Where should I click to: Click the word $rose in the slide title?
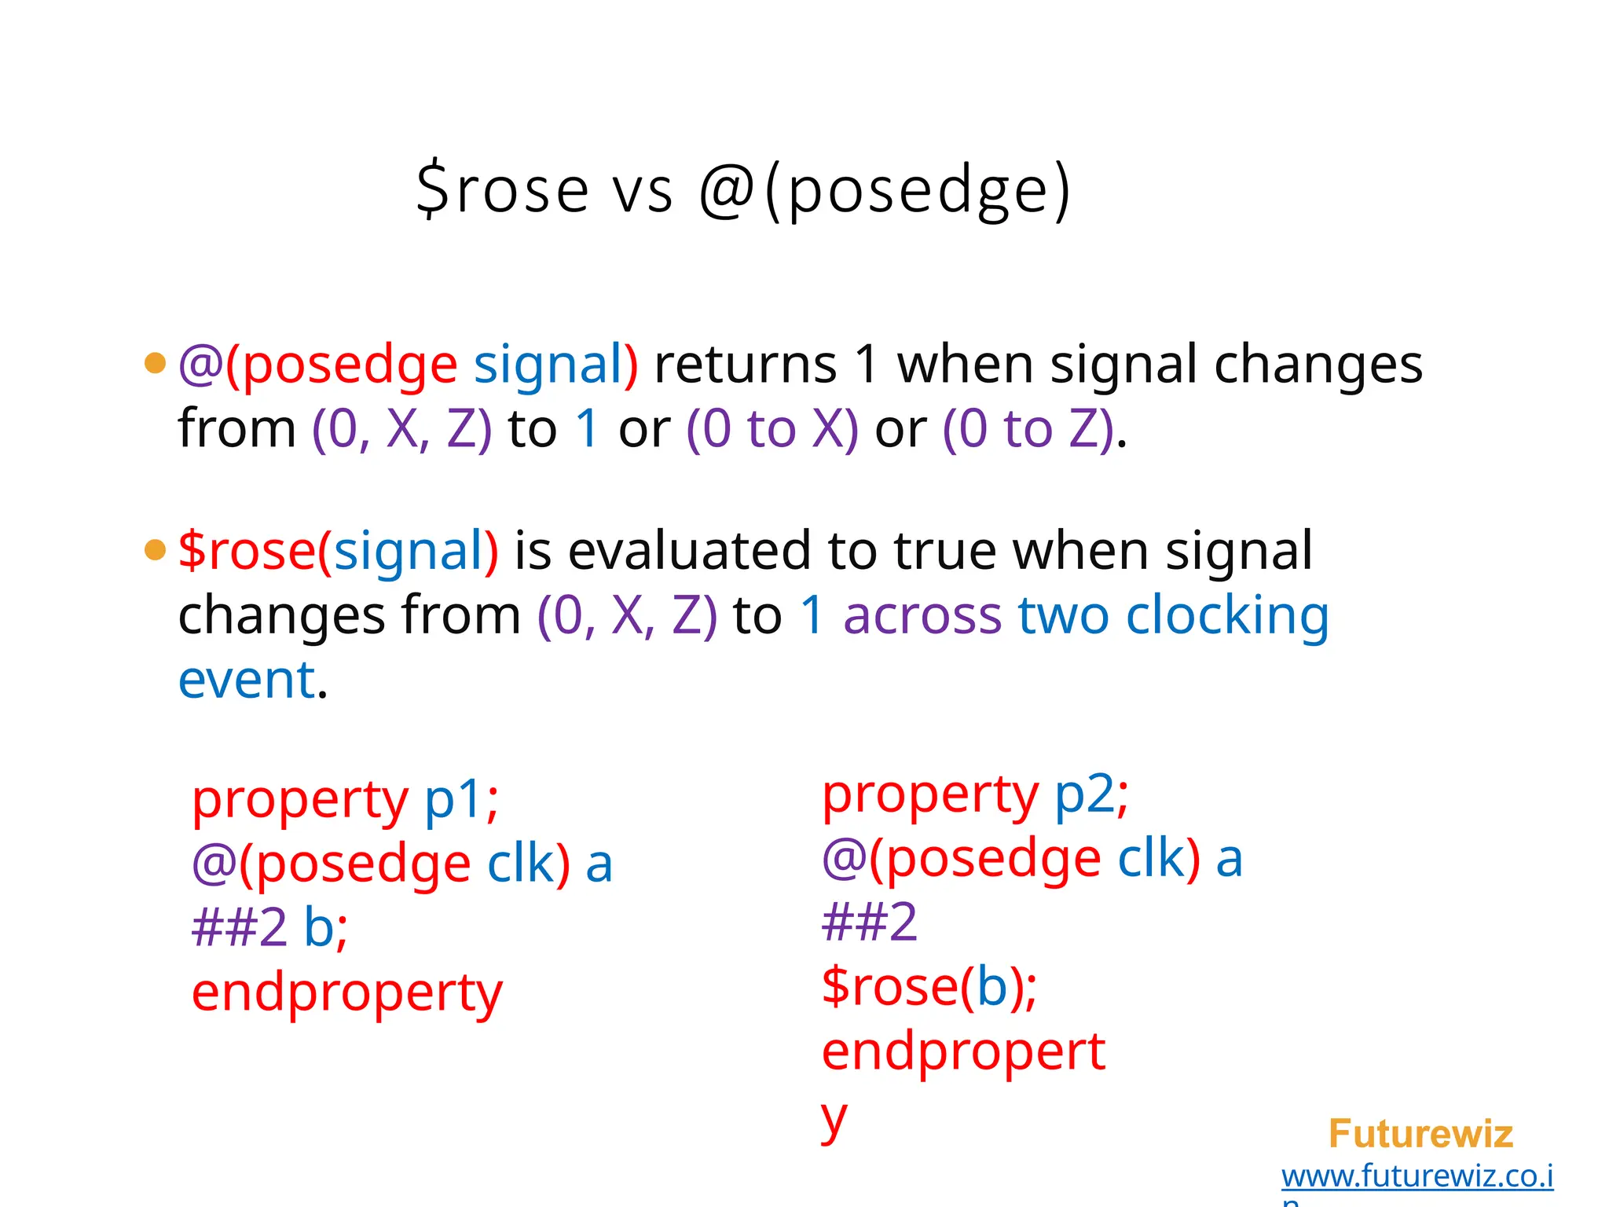pos(503,190)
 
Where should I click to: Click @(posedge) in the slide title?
pos(885,190)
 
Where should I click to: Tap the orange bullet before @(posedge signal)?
pos(156,363)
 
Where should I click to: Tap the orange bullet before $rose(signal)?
pos(156,549)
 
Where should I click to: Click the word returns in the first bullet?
pos(746,365)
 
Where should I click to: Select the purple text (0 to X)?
pos(772,429)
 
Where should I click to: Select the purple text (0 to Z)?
pos(1028,429)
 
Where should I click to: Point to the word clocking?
pos(1227,616)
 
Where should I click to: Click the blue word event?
pos(247,680)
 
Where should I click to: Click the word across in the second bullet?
pos(922,615)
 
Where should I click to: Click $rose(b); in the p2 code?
pos(929,986)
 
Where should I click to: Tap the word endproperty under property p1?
pos(346,993)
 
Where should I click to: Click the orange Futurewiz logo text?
pos(1420,1134)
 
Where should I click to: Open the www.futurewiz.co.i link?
pos(1417,1176)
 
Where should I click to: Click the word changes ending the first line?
pos(1318,365)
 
